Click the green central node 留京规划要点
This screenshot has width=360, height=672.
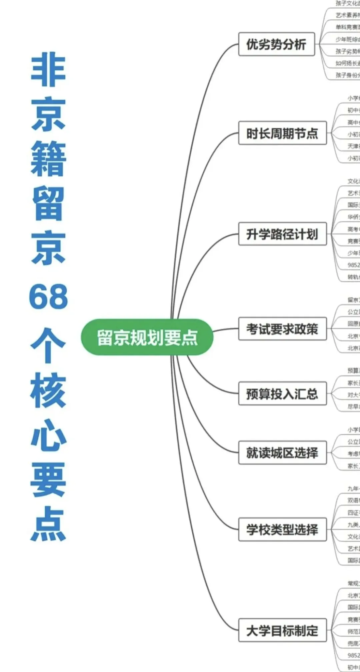coord(147,337)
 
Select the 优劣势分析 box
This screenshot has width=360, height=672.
coord(276,44)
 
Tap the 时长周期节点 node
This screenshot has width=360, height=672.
coord(282,133)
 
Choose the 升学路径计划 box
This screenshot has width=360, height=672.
coord(282,234)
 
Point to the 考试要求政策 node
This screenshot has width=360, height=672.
coord(282,329)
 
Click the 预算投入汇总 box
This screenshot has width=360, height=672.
coord(282,394)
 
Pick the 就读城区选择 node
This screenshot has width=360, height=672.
coord(282,453)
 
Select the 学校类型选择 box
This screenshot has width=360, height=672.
coord(282,529)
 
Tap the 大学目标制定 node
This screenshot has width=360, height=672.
coord(282,630)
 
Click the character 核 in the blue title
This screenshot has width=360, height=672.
coord(48,390)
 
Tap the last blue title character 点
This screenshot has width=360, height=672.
coord(48,524)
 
